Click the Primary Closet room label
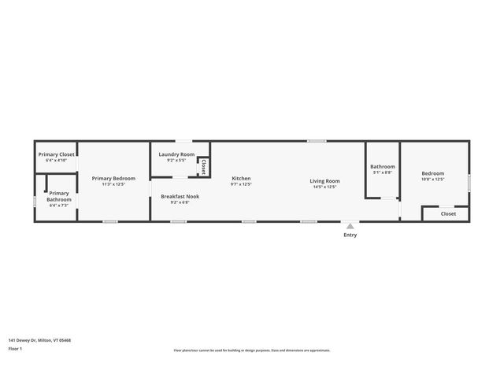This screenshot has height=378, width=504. (x=57, y=154)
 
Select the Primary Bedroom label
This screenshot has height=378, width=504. (x=113, y=178)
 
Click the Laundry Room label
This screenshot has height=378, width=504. (x=176, y=154)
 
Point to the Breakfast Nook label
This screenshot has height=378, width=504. (x=180, y=196)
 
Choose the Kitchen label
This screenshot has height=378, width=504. (x=241, y=178)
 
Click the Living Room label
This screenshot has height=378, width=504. (x=324, y=181)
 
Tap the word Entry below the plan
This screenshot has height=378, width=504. (x=350, y=235)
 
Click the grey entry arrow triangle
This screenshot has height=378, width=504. (x=350, y=226)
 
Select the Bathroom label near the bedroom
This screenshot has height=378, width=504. (x=383, y=166)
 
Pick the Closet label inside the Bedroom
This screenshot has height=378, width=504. (x=448, y=213)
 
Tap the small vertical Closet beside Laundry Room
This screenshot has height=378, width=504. (x=203, y=167)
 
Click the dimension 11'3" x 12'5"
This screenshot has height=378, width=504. (x=113, y=184)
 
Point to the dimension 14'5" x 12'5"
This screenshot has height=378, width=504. (x=324, y=187)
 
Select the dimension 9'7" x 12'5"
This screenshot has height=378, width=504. (x=241, y=184)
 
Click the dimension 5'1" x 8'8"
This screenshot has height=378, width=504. (x=383, y=172)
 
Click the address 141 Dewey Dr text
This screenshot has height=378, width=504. (x=39, y=340)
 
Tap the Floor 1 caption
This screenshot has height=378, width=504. (x=15, y=348)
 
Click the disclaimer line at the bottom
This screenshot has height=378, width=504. (x=252, y=350)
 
